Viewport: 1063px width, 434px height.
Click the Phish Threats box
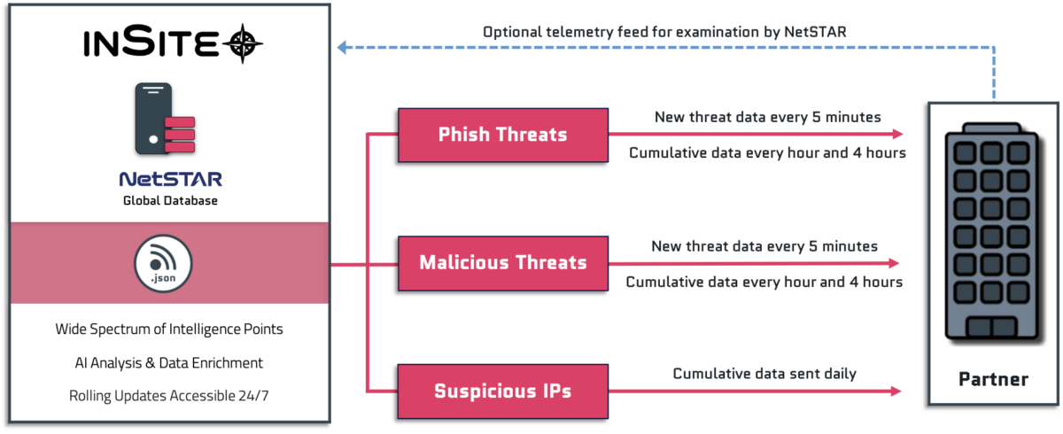(502, 135)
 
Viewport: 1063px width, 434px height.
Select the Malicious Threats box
(502, 263)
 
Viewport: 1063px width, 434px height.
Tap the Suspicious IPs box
(502, 391)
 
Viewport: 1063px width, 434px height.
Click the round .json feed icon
(163, 264)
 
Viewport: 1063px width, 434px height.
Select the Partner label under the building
(993, 380)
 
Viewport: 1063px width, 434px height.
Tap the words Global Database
(170, 201)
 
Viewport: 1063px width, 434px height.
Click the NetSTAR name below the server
(170, 177)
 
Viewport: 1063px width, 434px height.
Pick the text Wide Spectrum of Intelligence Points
(169, 329)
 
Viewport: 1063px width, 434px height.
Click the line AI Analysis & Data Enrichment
(169, 363)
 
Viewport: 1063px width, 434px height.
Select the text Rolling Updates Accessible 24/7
(169, 396)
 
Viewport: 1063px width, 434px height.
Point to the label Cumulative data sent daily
(764, 373)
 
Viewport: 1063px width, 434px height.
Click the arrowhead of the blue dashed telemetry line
(341, 47)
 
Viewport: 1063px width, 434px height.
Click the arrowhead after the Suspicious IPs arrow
(897, 391)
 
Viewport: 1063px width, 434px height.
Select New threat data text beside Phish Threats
(768, 116)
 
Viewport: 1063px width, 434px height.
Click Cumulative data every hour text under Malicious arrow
(764, 283)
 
